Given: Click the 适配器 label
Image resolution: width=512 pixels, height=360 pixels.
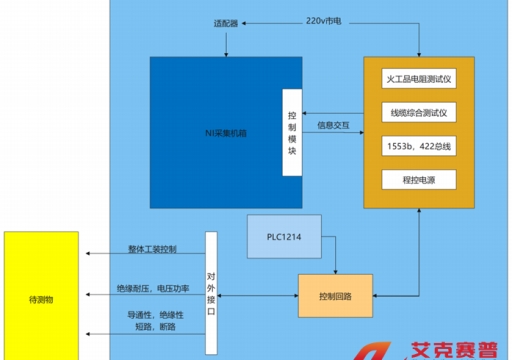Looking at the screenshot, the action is point(227,22).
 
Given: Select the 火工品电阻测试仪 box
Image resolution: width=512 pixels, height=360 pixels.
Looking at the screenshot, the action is point(419,77).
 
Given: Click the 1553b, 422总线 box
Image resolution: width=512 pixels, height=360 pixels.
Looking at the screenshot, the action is point(419,146).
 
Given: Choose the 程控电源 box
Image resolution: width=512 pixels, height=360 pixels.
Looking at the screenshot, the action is point(419,180).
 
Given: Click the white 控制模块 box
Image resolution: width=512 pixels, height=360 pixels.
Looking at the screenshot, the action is point(291,130).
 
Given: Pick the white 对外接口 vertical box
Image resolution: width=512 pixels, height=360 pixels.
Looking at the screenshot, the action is point(211,292).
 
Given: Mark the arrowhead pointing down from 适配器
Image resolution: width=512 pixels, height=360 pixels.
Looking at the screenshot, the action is point(228,52).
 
